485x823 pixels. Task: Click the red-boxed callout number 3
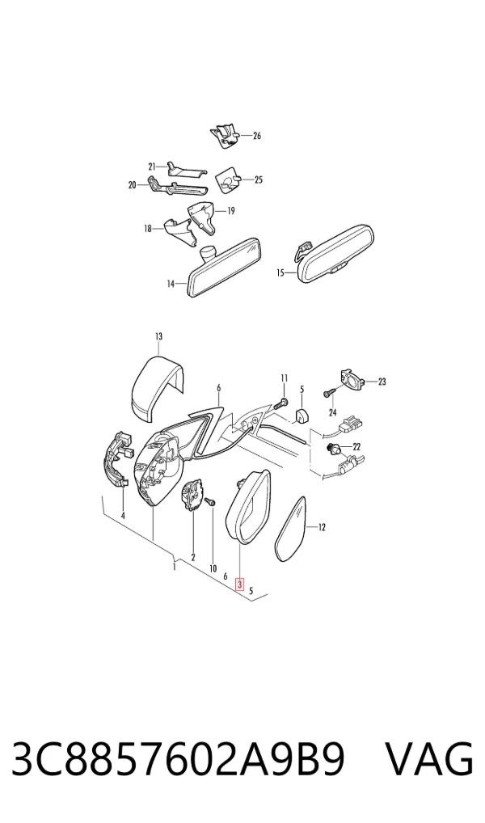click(240, 585)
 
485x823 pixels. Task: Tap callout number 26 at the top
click(257, 136)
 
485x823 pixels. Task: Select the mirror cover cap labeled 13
click(156, 388)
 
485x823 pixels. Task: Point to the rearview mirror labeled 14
click(225, 268)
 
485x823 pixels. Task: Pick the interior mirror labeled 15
click(336, 254)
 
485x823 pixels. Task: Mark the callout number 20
click(132, 185)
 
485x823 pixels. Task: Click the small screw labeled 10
click(212, 502)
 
